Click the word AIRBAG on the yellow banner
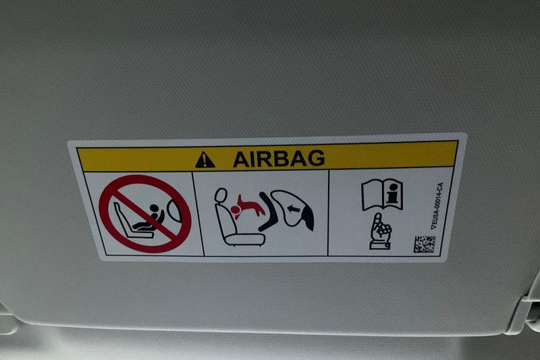pyautogui.click(x=279, y=159)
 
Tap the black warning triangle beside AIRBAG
pyautogui.click(x=205, y=161)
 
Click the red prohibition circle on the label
pyautogui.click(x=145, y=213)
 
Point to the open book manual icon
pyautogui.click(x=382, y=195)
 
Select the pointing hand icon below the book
pyautogui.click(x=381, y=232)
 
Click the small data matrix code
pyautogui.click(x=425, y=245)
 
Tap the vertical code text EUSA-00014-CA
pyautogui.click(x=437, y=205)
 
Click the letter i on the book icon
pyautogui.click(x=391, y=195)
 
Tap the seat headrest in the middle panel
pyautogui.click(x=221, y=195)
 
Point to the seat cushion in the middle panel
pyautogui.click(x=244, y=239)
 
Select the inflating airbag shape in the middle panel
pyautogui.click(x=292, y=209)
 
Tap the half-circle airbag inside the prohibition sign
pyautogui.click(x=174, y=211)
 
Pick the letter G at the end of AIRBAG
pyautogui.click(x=316, y=158)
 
